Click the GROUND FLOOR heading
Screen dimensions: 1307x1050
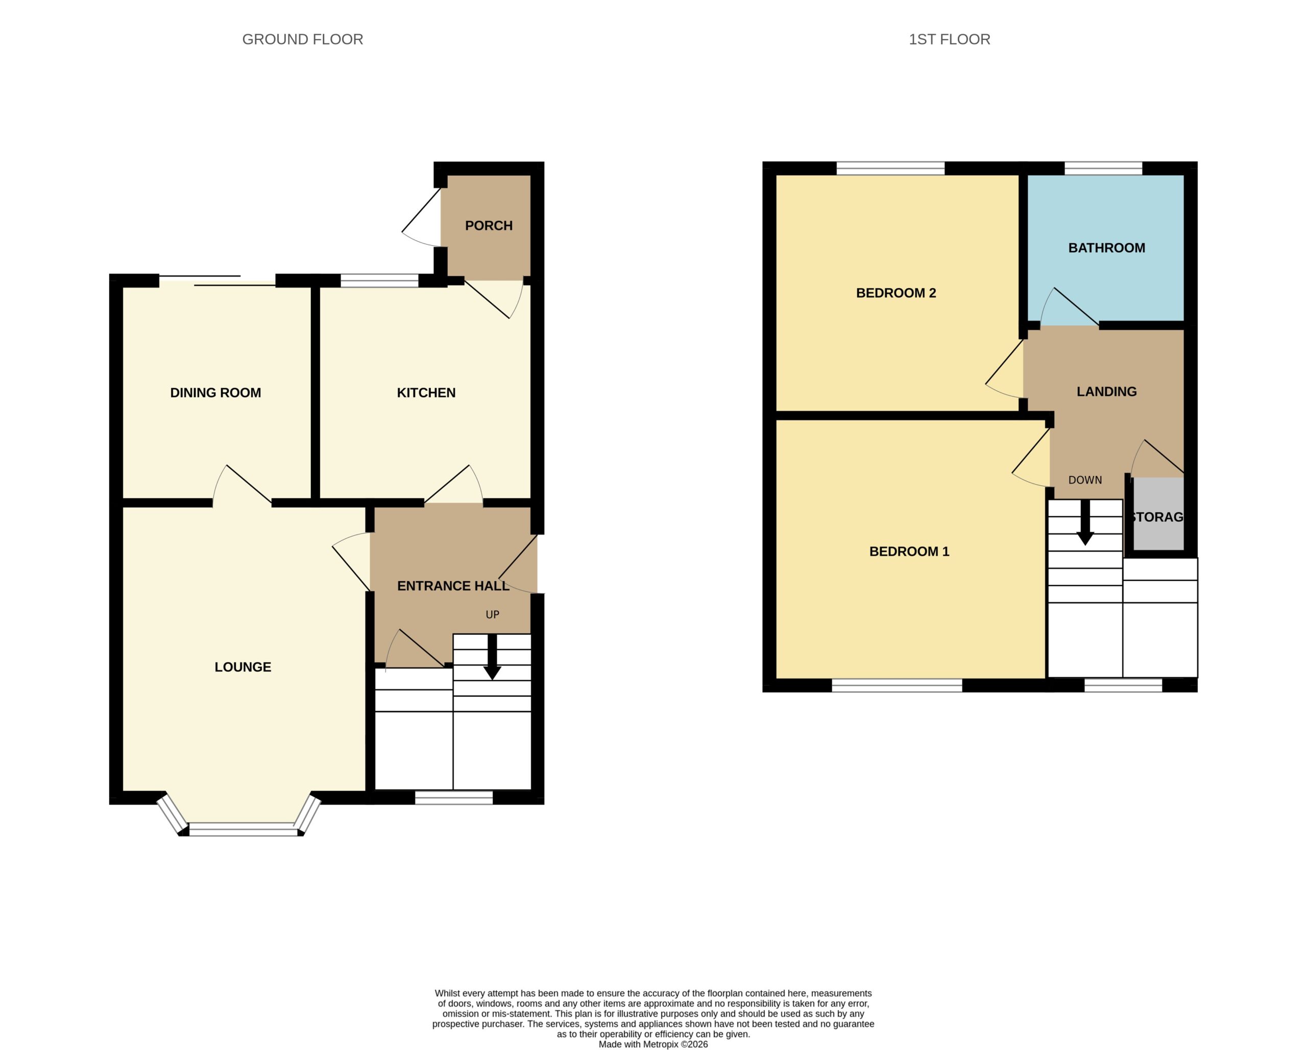coord(303,39)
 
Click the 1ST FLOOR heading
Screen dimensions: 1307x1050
coord(949,39)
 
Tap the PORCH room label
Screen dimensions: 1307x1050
coord(489,226)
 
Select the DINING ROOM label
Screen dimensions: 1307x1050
coord(215,393)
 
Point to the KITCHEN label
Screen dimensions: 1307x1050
coord(426,393)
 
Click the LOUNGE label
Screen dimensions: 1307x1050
coord(243,667)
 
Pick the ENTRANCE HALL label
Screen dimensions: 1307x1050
coord(453,586)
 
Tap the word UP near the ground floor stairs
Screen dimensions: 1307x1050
coord(492,615)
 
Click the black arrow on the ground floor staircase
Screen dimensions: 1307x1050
coord(492,657)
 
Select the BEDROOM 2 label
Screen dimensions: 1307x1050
coord(896,293)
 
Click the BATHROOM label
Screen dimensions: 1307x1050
coord(1106,248)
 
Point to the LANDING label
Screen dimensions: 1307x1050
coord(1106,392)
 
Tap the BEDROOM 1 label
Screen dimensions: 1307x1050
coord(909,551)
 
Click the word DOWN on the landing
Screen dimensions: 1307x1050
coord(1085,480)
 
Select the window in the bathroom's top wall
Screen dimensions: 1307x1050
coord(1103,168)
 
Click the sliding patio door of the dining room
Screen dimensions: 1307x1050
coord(217,280)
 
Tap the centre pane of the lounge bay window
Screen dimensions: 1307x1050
coord(244,829)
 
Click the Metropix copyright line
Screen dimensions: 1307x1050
coord(653,1044)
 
